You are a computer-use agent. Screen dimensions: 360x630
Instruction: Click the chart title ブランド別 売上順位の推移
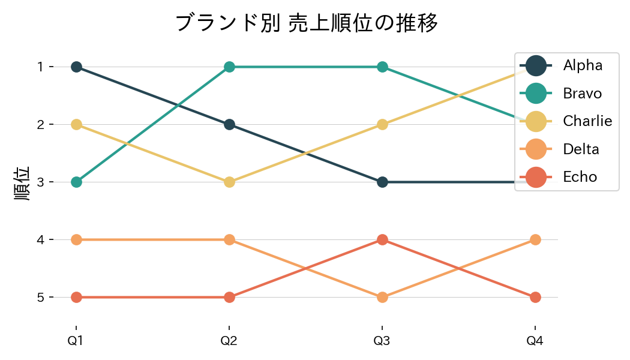click(307, 23)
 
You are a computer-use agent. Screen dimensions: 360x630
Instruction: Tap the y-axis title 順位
click(22, 182)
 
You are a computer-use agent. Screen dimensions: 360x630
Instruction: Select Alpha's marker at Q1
click(76, 67)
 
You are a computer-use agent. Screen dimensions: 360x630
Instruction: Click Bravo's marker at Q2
click(229, 67)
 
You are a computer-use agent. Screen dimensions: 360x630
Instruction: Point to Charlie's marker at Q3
click(382, 124)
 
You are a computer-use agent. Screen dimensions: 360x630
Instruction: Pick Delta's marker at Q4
click(535, 239)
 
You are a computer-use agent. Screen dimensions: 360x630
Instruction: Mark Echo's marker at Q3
click(382, 239)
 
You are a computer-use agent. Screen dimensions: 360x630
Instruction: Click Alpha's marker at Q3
click(382, 182)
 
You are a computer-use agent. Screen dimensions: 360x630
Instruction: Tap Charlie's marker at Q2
click(229, 182)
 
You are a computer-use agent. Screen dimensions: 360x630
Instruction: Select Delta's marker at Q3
click(382, 297)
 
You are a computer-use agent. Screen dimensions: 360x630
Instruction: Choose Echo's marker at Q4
click(535, 297)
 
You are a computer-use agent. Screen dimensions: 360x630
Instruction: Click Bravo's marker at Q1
click(76, 182)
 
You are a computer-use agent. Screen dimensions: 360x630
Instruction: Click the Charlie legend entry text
click(587, 121)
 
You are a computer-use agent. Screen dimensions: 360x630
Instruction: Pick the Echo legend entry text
click(580, 177)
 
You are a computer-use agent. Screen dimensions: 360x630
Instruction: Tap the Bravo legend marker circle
click(536, 94)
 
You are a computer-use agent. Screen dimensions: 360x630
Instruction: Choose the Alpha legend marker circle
click(536, 65)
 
